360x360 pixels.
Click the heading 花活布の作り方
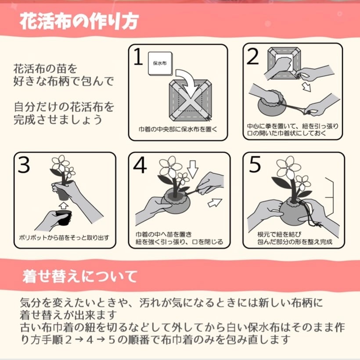click(79, 22)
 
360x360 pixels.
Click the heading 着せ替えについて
click(80, 277)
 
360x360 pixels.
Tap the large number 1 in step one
click(138, 57)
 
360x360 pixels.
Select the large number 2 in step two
click(253, 57)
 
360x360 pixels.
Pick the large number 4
click(140, 165)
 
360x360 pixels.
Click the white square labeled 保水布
click(160, 64)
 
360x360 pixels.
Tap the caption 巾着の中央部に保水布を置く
click(178, 130)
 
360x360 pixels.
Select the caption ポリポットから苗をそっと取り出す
click(64, 238)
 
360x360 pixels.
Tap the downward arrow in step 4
click(193, 169)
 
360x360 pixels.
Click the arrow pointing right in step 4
click(215, 203)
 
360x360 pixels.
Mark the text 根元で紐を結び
click(279, 234)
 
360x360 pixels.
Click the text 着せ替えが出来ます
click(68, 315)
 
